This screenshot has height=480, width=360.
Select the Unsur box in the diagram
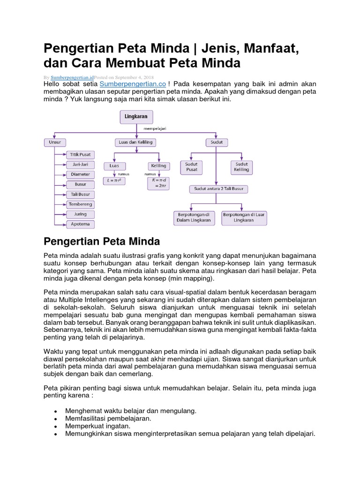tap(55, 142)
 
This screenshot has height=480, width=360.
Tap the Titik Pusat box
tap(81, 154)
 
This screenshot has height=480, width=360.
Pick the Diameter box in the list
tap(81, 174)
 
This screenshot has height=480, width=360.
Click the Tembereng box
tap(81, 204)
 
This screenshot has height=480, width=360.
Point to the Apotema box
tap(81, 225)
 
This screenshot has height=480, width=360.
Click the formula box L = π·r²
tap(114, 180)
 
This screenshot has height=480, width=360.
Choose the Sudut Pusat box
tap(191, 167)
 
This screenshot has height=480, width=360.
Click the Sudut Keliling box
tap(242, 167)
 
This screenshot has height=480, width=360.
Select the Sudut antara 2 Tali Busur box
tap(219, 189)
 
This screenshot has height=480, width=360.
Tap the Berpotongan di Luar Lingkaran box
tap(244, 217)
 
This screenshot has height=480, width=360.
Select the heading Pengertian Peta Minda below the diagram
tap(102, 241)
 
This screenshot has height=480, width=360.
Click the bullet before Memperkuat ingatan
tap(56, 427)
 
